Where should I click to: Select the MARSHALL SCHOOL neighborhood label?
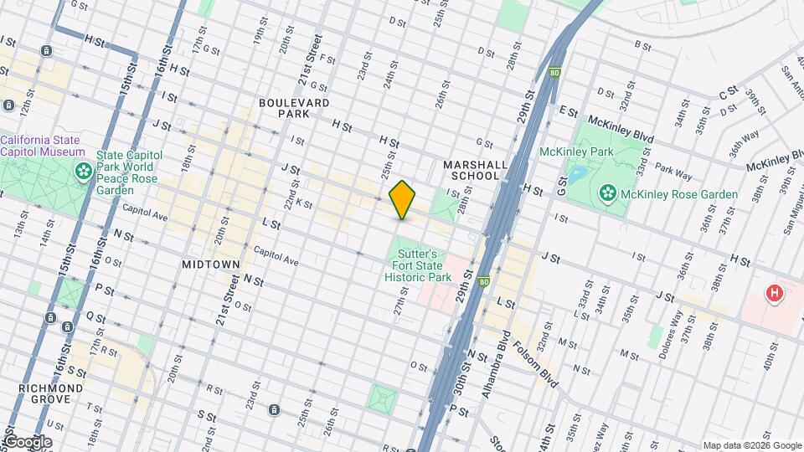coord(475,171)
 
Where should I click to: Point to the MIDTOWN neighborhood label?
coord(211,264)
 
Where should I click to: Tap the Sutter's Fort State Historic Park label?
coord(418,265)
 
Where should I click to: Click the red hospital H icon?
coord(776,294)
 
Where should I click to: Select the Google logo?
coord(27,442)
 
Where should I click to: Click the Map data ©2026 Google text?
coord(751,445)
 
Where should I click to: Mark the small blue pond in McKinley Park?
coord(578,175)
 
